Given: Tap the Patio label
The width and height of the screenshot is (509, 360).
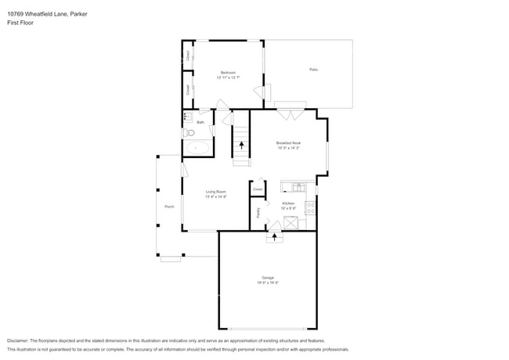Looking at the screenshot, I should (x=313, y=70).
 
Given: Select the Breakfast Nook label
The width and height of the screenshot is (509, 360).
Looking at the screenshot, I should (x=288, y=143).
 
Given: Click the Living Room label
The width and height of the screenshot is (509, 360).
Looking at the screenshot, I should (x=216, y=192).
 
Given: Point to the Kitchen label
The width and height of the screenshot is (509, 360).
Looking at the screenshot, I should (x=288, y=203).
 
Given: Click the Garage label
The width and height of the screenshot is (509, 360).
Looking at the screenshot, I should (x=268, y=278).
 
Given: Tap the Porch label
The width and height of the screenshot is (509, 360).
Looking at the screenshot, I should (x=169, y=207).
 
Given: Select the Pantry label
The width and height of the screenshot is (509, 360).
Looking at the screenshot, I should (x=258, y=211).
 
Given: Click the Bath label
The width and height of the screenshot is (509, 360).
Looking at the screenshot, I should (x=200, y=122).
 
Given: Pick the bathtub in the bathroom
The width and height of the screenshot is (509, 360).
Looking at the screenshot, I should (x=197, y=147).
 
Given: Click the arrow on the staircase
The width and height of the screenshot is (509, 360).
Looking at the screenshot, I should (x=241, y=144).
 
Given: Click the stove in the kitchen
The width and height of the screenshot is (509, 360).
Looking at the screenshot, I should (x=310, y=208).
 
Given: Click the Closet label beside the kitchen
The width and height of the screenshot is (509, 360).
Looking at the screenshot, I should (x=258, y=189).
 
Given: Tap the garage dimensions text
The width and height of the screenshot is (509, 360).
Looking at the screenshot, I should (x=268, y=283).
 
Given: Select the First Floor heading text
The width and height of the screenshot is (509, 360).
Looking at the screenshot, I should (x=20, y=23).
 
